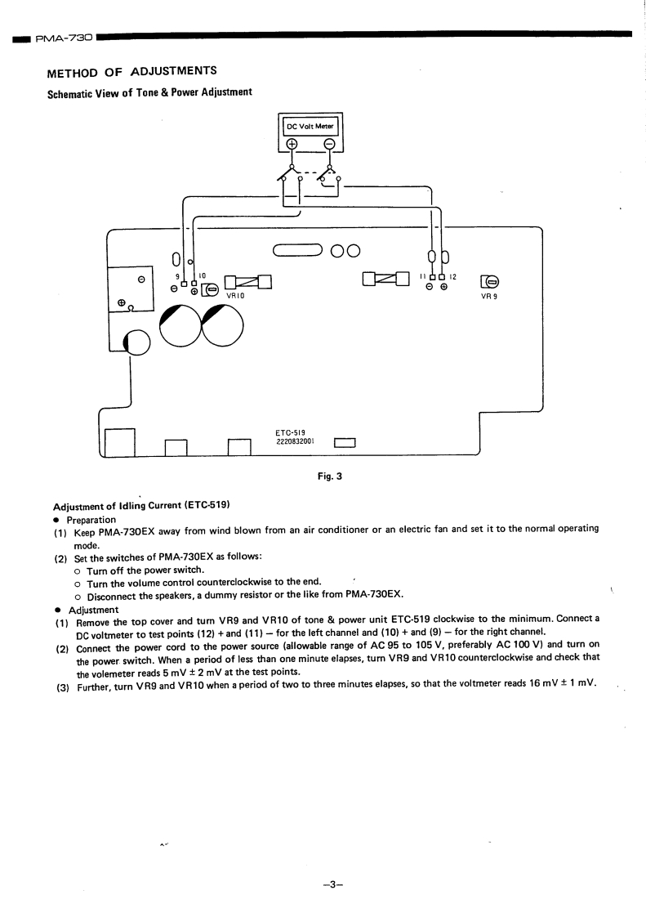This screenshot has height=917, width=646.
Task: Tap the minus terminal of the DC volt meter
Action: click(329, 145)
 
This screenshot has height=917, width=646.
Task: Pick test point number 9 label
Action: click(177, 276)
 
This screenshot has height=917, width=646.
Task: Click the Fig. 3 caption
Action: click(329, 476)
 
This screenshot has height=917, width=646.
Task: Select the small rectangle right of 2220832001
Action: click(345, 443)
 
